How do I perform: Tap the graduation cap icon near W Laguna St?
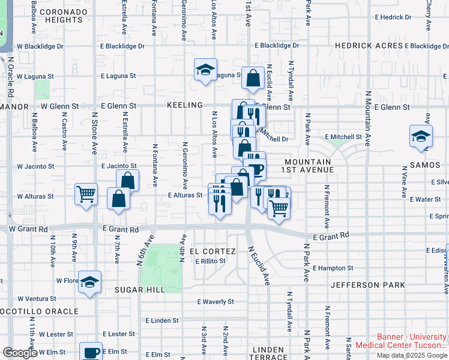click(205, 70)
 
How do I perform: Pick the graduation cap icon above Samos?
click(421, 136)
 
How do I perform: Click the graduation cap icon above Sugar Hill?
click(89, 282)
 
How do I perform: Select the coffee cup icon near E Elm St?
click(91, 352)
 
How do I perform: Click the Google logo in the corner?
click(20, 353)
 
